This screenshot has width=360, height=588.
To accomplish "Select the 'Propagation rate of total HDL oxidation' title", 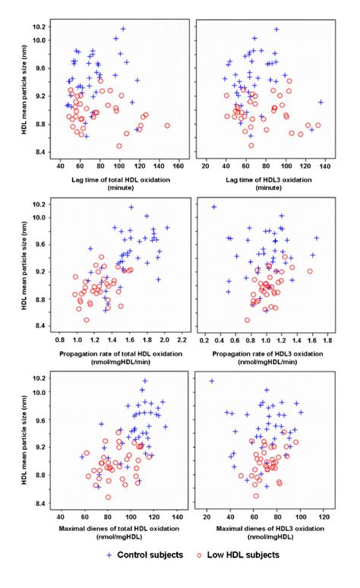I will pyautogui.click(x=115, y=354).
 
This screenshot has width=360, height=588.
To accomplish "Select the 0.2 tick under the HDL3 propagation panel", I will pyautogui.click(x=204, y=342).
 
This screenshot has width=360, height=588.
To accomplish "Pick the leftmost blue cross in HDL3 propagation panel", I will pyautogui.click(x=214, y=207).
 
